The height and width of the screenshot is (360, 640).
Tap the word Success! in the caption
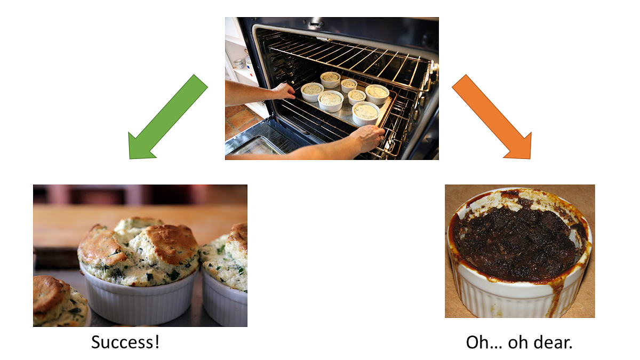pos(125,342)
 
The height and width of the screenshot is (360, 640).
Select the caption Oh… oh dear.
pos(519,342)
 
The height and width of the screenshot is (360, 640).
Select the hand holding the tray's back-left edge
pos(283,91)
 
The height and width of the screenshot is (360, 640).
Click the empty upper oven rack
pos(347,53)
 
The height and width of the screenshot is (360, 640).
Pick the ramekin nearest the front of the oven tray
pos(366,113)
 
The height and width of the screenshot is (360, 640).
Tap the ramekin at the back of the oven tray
pos(330,79)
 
